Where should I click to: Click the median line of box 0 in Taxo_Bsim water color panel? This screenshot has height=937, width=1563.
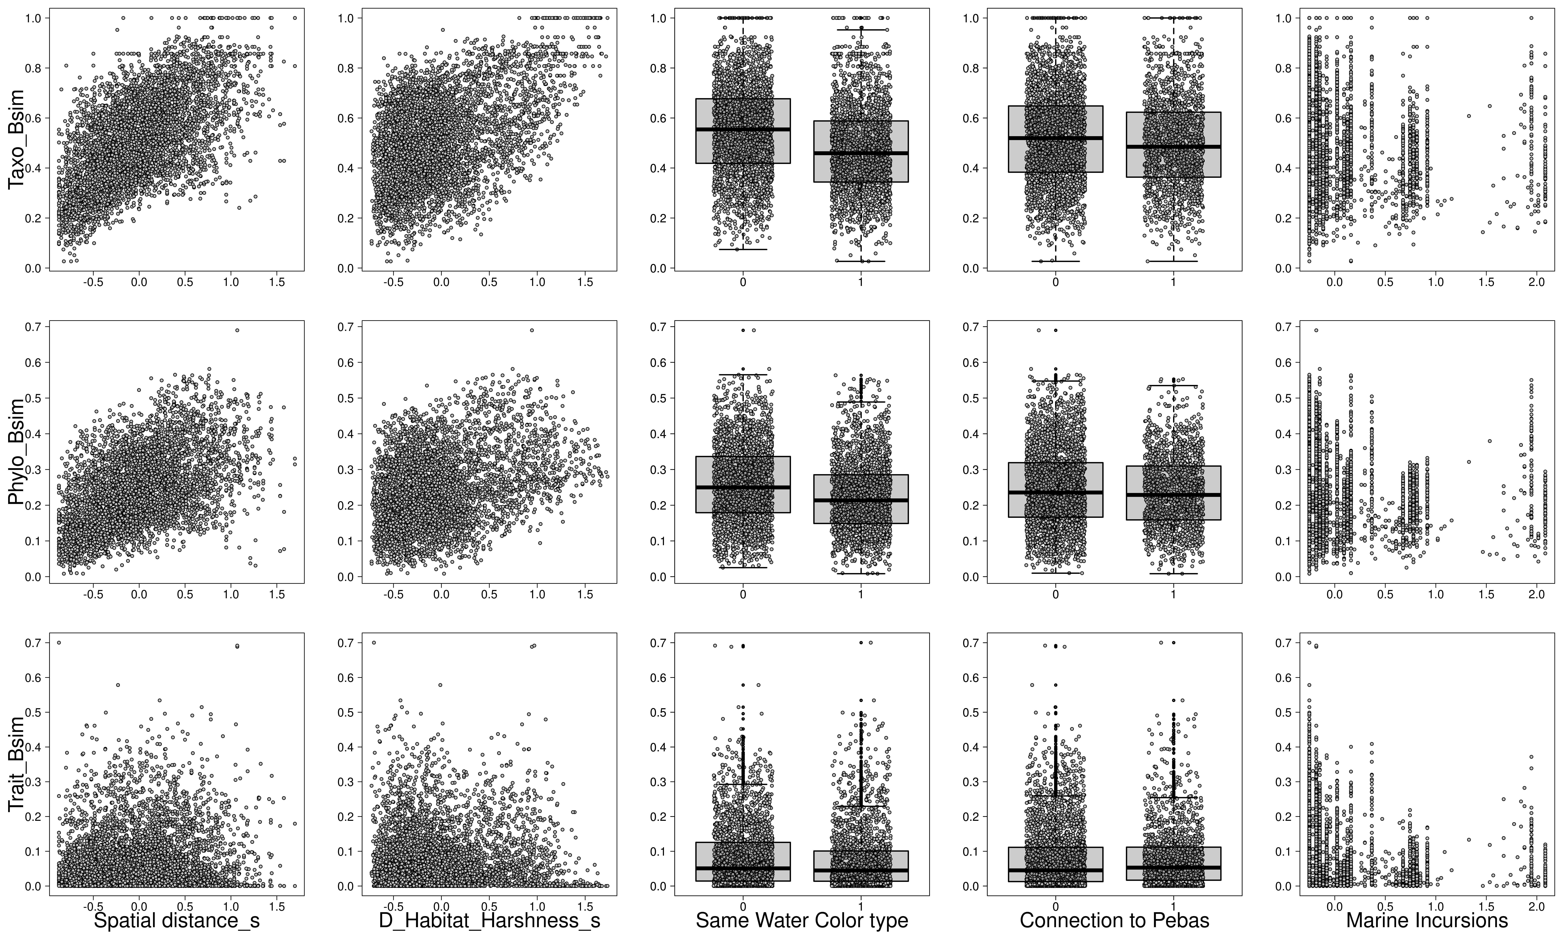coord(743,129)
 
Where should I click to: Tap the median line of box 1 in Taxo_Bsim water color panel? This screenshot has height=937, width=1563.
coord(860,153)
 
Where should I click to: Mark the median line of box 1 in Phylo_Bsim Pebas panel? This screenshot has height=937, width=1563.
coord(1173,494)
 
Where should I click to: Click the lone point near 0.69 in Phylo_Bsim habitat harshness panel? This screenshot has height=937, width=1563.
coord(532,330)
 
